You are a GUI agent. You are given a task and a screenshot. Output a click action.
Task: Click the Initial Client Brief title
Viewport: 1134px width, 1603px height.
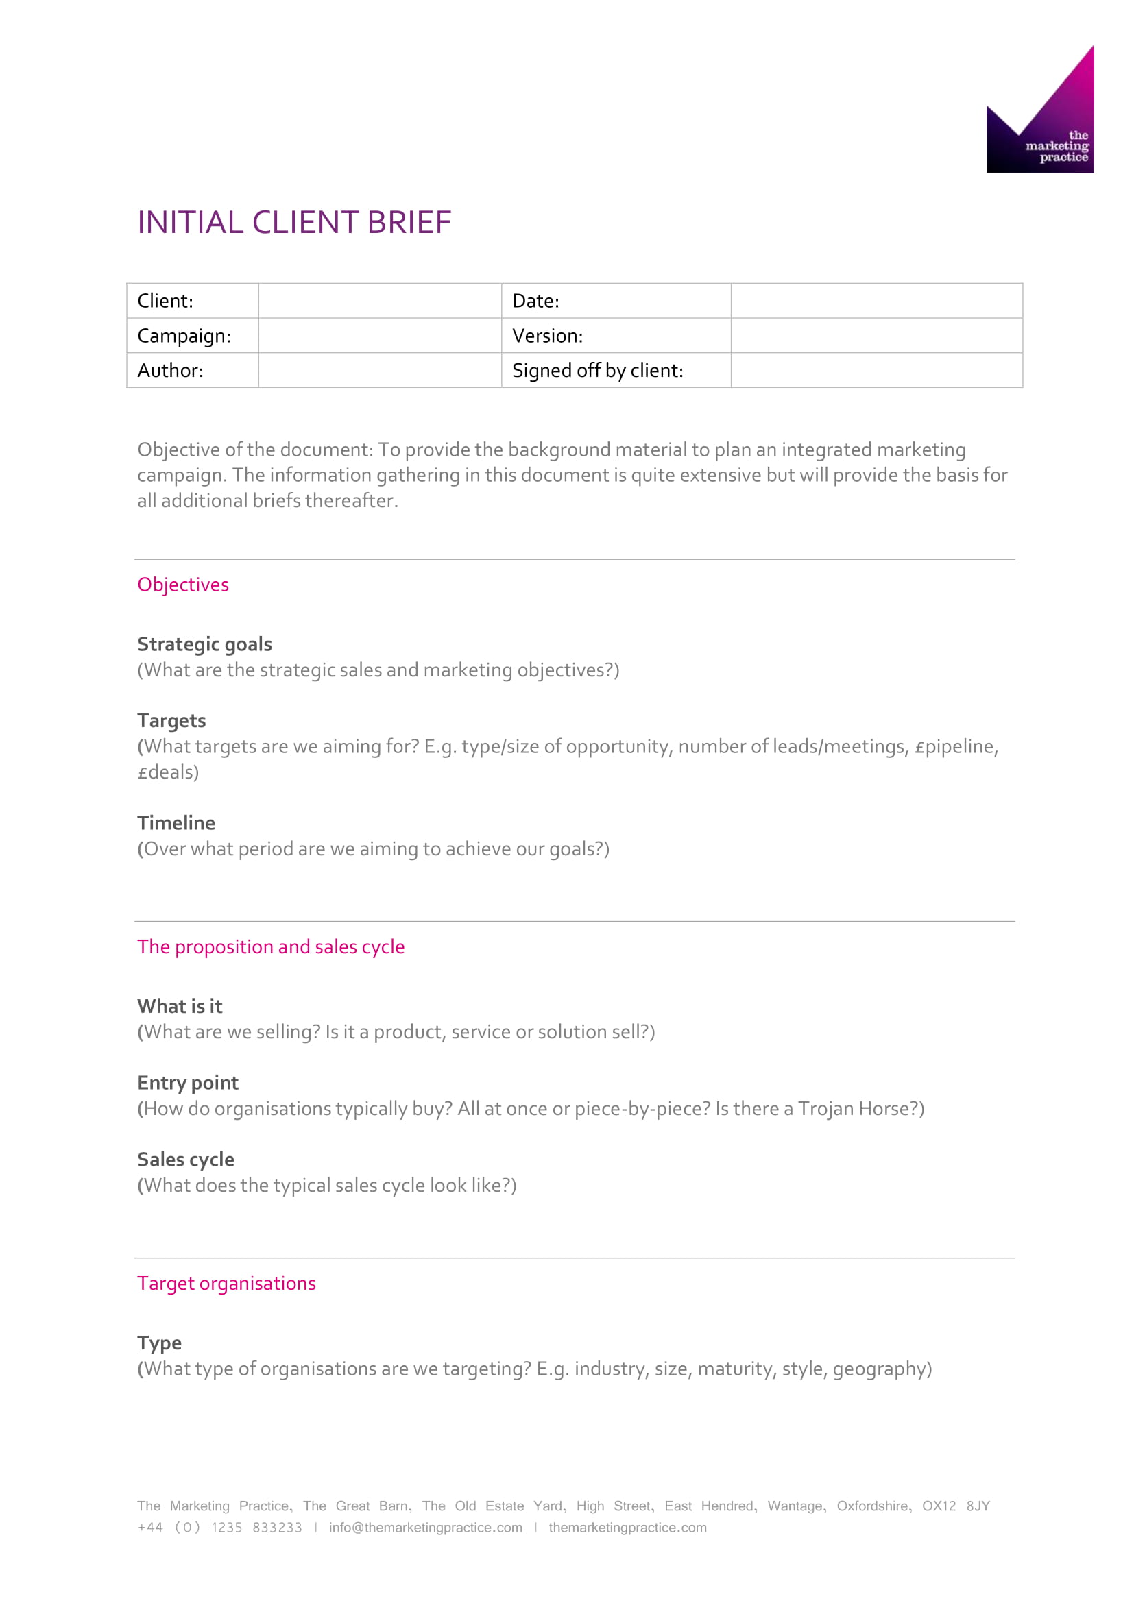(294, 223)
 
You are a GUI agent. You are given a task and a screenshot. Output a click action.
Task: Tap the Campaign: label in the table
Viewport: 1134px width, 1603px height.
(184, 336)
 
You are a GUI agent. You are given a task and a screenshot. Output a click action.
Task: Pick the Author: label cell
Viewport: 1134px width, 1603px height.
(171, 370)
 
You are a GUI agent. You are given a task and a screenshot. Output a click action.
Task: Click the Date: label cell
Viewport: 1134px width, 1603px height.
(535, 301)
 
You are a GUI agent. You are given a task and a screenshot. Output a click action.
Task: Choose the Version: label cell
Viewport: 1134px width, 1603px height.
(547, 336)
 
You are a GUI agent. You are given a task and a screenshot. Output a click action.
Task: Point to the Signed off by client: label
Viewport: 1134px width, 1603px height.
(598, 370)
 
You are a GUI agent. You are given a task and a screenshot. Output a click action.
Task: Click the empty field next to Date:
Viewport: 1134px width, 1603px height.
(876, 301)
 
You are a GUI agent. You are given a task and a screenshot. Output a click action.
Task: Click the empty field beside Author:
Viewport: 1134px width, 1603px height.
(380, 370)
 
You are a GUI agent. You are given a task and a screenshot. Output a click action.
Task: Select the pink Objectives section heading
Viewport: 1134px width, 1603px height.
(183, 585)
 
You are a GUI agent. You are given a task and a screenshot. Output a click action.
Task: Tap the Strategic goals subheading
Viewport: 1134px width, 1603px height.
(204, 644)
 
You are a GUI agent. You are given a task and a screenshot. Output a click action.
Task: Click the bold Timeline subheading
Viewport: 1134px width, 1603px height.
(176, 822)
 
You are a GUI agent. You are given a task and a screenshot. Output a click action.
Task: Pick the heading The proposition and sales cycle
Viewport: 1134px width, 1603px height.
(271, 946)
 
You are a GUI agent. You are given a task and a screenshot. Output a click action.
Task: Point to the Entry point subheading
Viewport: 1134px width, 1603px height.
(188, 1082)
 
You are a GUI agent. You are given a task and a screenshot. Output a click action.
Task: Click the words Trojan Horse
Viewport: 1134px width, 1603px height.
(857, 1109)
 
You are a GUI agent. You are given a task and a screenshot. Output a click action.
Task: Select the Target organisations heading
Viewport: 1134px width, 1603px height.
(226, 1283)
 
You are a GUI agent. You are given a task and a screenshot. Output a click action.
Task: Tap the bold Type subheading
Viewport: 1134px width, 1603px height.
(159, 1343)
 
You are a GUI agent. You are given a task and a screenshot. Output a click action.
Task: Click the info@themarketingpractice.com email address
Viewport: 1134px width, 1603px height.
(425, 1527)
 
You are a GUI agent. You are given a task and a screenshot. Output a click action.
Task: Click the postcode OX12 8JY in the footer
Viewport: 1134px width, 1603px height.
(956, 1506)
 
